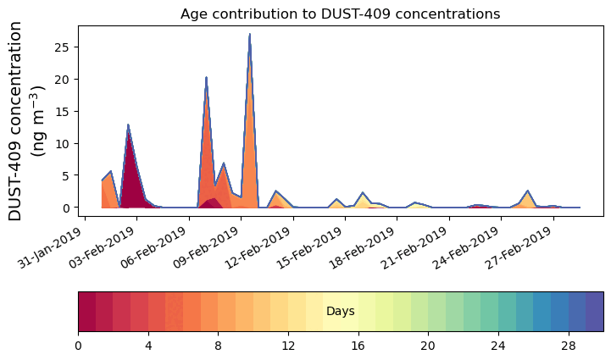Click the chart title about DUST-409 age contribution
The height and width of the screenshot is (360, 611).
point(340,14)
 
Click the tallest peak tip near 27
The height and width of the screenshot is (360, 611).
point(249,34)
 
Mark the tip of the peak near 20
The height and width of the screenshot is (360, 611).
point(206,78)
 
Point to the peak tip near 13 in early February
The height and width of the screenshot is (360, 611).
point(128,125)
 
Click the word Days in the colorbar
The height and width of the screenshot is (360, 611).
point(340,312)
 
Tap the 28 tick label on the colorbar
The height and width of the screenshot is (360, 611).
point(568,346)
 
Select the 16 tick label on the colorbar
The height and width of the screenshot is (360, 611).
point(358,346)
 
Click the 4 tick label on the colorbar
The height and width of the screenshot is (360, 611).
point(148,346)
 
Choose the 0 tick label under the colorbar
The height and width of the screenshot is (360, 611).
point(79,346)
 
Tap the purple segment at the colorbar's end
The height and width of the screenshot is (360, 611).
point(594,312)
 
